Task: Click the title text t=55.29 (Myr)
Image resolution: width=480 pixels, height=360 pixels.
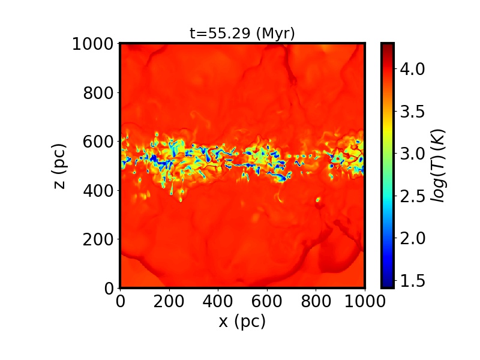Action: [242, 34]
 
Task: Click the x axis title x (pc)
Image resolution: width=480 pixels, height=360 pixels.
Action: [242, 321]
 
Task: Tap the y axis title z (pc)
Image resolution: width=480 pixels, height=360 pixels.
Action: [59, 166]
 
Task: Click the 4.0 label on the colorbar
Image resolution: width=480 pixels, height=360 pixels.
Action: [412, 69]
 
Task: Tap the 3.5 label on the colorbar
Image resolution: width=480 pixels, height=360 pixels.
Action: [412, 112]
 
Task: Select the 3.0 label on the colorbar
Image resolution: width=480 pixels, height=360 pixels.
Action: [412, 154]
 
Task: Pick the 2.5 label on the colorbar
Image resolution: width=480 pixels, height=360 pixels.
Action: [412, 196]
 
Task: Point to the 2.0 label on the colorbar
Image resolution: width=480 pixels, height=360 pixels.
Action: [412, 238]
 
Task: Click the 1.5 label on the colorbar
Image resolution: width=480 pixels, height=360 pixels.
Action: [412, 280]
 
